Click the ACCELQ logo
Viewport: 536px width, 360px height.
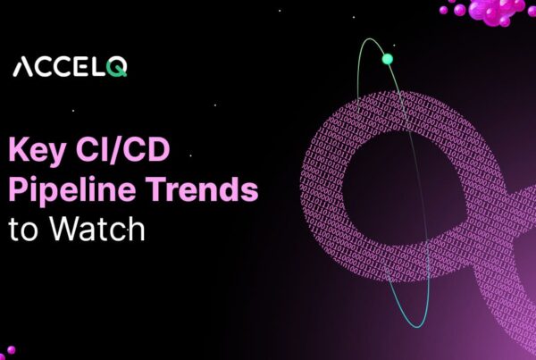pos(70,67)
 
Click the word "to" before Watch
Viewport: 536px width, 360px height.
pos(23,230)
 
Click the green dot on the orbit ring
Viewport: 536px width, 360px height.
pos(387,59)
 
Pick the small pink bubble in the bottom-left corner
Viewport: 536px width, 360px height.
pos(10,351)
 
